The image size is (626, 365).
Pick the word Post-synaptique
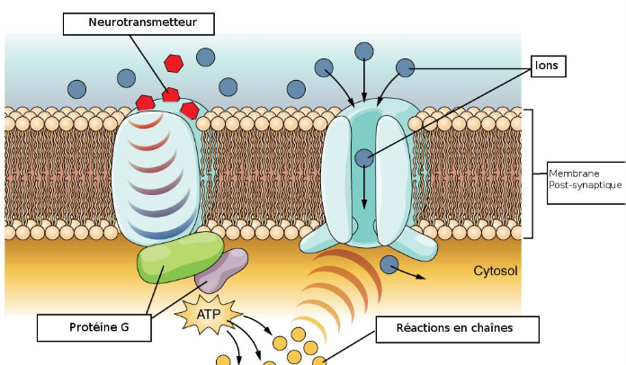[585, 184]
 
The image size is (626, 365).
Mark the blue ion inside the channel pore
[363, 159]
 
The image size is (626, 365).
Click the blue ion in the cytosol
[389, 264]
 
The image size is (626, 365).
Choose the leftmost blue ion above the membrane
[77, 89]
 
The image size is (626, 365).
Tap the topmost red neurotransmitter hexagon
[174, 63]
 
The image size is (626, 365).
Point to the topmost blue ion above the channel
[363, 50]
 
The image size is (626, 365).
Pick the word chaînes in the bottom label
[489, 328]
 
